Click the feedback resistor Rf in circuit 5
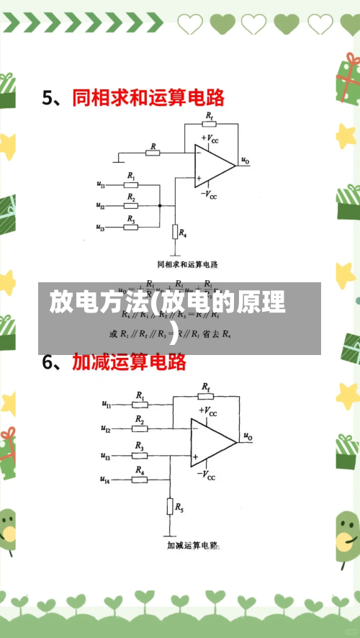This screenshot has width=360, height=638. tap(209, 124)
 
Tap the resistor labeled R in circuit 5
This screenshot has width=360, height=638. tap(152, 152)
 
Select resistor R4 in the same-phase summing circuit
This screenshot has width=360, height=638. tap(174, 232)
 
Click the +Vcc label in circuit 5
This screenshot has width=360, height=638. tap(210, 137)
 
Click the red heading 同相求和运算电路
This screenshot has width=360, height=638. tap(148, 97)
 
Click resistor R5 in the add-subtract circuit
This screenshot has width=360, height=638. tap(170, 507)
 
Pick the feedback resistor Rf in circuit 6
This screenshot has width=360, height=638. tap(207, 397)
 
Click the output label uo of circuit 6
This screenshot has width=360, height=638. tap(247, 436)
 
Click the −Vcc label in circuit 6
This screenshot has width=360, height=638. tap(208, 475)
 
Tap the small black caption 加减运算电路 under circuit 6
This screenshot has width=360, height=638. tap(192, 546)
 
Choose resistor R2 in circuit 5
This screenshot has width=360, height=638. tap(131, 205)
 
